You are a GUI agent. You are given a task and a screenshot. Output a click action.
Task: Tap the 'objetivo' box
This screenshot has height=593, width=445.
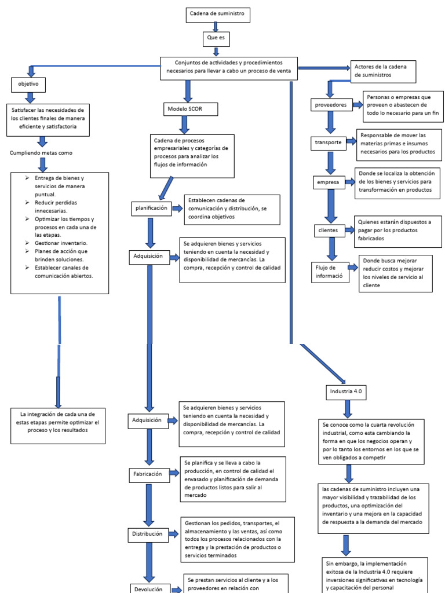click(28, 85)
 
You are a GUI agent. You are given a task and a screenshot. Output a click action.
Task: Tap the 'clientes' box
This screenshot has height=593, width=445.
click(328, 230)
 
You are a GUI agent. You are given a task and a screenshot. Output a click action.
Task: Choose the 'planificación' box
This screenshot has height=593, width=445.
click(151, 207)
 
